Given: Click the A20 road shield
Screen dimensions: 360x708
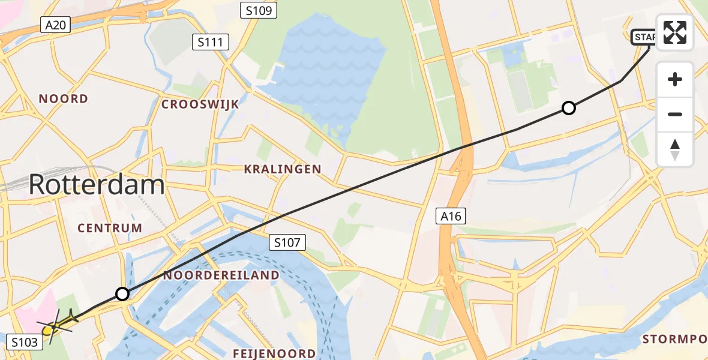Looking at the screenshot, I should [x=56, y=25].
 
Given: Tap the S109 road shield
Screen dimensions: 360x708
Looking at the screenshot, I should [x=257, y=10].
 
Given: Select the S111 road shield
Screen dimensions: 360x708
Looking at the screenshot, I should [x=211, y=42].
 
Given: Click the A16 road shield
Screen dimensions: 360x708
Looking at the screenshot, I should [x=451, y=216].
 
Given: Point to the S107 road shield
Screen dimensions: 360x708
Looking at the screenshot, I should [x=287, y=242].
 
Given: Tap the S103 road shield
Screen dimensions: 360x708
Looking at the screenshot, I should [x=25, y=343].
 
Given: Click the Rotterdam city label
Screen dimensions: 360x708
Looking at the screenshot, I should [x=97, y=184].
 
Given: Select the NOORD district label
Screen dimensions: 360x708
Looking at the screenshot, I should [x=63, y=98].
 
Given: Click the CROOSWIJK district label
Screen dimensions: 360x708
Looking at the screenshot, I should [x=200, y=104].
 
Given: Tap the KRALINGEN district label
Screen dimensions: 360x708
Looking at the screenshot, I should [x=283, y=170].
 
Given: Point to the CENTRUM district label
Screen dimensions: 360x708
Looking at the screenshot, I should [x=110, y=228].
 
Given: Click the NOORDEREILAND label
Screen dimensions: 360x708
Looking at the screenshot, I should [x=221, y=275].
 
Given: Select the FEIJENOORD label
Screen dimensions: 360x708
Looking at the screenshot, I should [x=275, y=353].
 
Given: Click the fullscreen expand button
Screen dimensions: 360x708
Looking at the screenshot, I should [x=675, y=32].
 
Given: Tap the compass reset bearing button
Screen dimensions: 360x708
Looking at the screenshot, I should [x=675, y=149].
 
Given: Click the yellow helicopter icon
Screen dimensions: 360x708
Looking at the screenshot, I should [x=57, y=325].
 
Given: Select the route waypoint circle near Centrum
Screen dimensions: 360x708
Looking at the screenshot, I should [x=122, y=294].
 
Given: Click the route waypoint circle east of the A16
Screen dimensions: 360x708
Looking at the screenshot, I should [x=568, y=108].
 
